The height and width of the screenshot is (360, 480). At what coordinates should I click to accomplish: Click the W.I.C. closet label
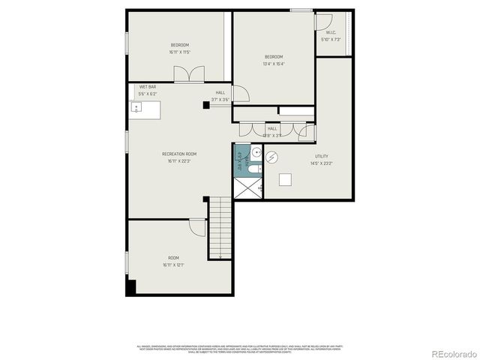(331, 32)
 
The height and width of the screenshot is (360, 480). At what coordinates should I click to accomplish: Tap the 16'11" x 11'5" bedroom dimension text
(180, 52)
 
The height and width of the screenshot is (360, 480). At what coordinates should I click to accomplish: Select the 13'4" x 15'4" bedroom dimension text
(274, 64)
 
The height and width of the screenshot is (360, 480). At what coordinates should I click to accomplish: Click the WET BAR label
(147, 87)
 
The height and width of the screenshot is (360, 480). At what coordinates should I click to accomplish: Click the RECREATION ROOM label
(179, 154)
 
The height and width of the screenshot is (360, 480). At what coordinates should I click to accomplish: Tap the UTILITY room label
(321, 156)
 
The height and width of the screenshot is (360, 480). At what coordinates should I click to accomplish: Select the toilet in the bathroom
(254, 170)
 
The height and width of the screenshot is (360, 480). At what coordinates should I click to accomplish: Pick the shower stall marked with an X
(248, 187)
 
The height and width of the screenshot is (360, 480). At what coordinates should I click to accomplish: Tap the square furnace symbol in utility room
(286, 179)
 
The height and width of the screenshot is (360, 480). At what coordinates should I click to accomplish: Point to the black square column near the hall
(205, 106)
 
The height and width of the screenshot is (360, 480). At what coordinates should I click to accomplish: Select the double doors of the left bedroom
(188, 74)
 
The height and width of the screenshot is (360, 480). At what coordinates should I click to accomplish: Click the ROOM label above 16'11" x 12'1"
(173, 257)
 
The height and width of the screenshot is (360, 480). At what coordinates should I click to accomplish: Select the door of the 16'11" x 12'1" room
(197, 226)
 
